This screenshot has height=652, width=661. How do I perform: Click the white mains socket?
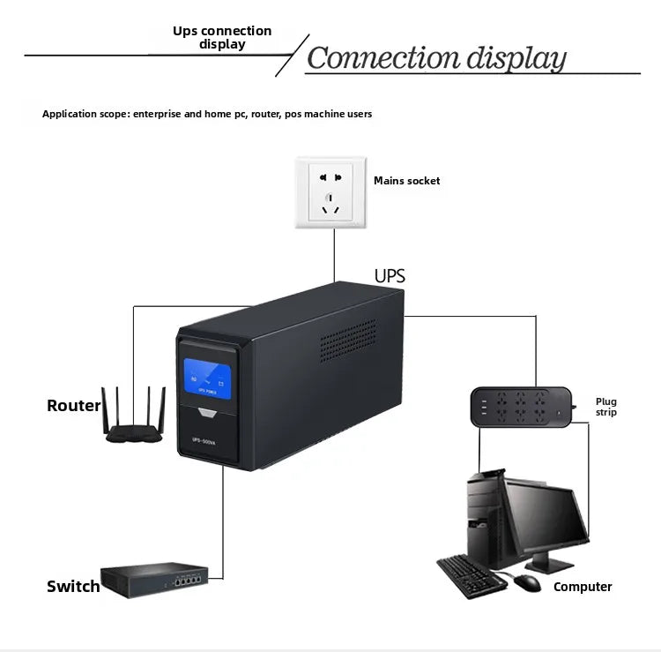330,193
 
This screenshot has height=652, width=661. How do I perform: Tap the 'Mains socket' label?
406,181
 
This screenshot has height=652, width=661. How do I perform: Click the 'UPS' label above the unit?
390,276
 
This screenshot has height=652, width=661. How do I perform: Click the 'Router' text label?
73,406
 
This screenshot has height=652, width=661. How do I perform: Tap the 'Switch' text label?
73,587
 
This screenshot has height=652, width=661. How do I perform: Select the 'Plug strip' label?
606,407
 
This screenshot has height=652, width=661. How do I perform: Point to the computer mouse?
526,582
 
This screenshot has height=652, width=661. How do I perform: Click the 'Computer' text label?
583,587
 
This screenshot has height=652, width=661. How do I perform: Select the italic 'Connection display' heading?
436,59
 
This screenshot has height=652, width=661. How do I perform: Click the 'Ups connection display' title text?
222,37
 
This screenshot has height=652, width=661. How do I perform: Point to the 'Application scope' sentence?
207,114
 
